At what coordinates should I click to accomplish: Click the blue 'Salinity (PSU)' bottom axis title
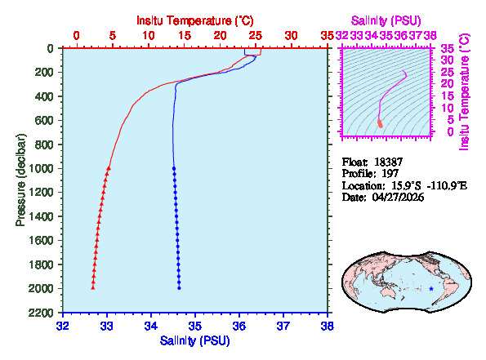tap(194, 340)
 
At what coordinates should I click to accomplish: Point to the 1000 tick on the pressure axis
tap(43, 168)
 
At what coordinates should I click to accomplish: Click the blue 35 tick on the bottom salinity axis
tap(194, 325)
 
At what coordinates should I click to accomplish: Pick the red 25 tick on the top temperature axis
tap(255, 35)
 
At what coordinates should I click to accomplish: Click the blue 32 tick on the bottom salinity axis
tap(62, 325)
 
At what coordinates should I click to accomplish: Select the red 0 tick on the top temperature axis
tap(77, 35)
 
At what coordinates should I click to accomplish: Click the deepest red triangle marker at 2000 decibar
tap(93, 287)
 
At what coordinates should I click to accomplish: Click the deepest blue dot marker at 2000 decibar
tap(179, 287)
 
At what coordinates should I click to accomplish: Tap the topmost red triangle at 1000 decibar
tap(109, 168)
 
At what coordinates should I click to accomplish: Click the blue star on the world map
tap(431, 288)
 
